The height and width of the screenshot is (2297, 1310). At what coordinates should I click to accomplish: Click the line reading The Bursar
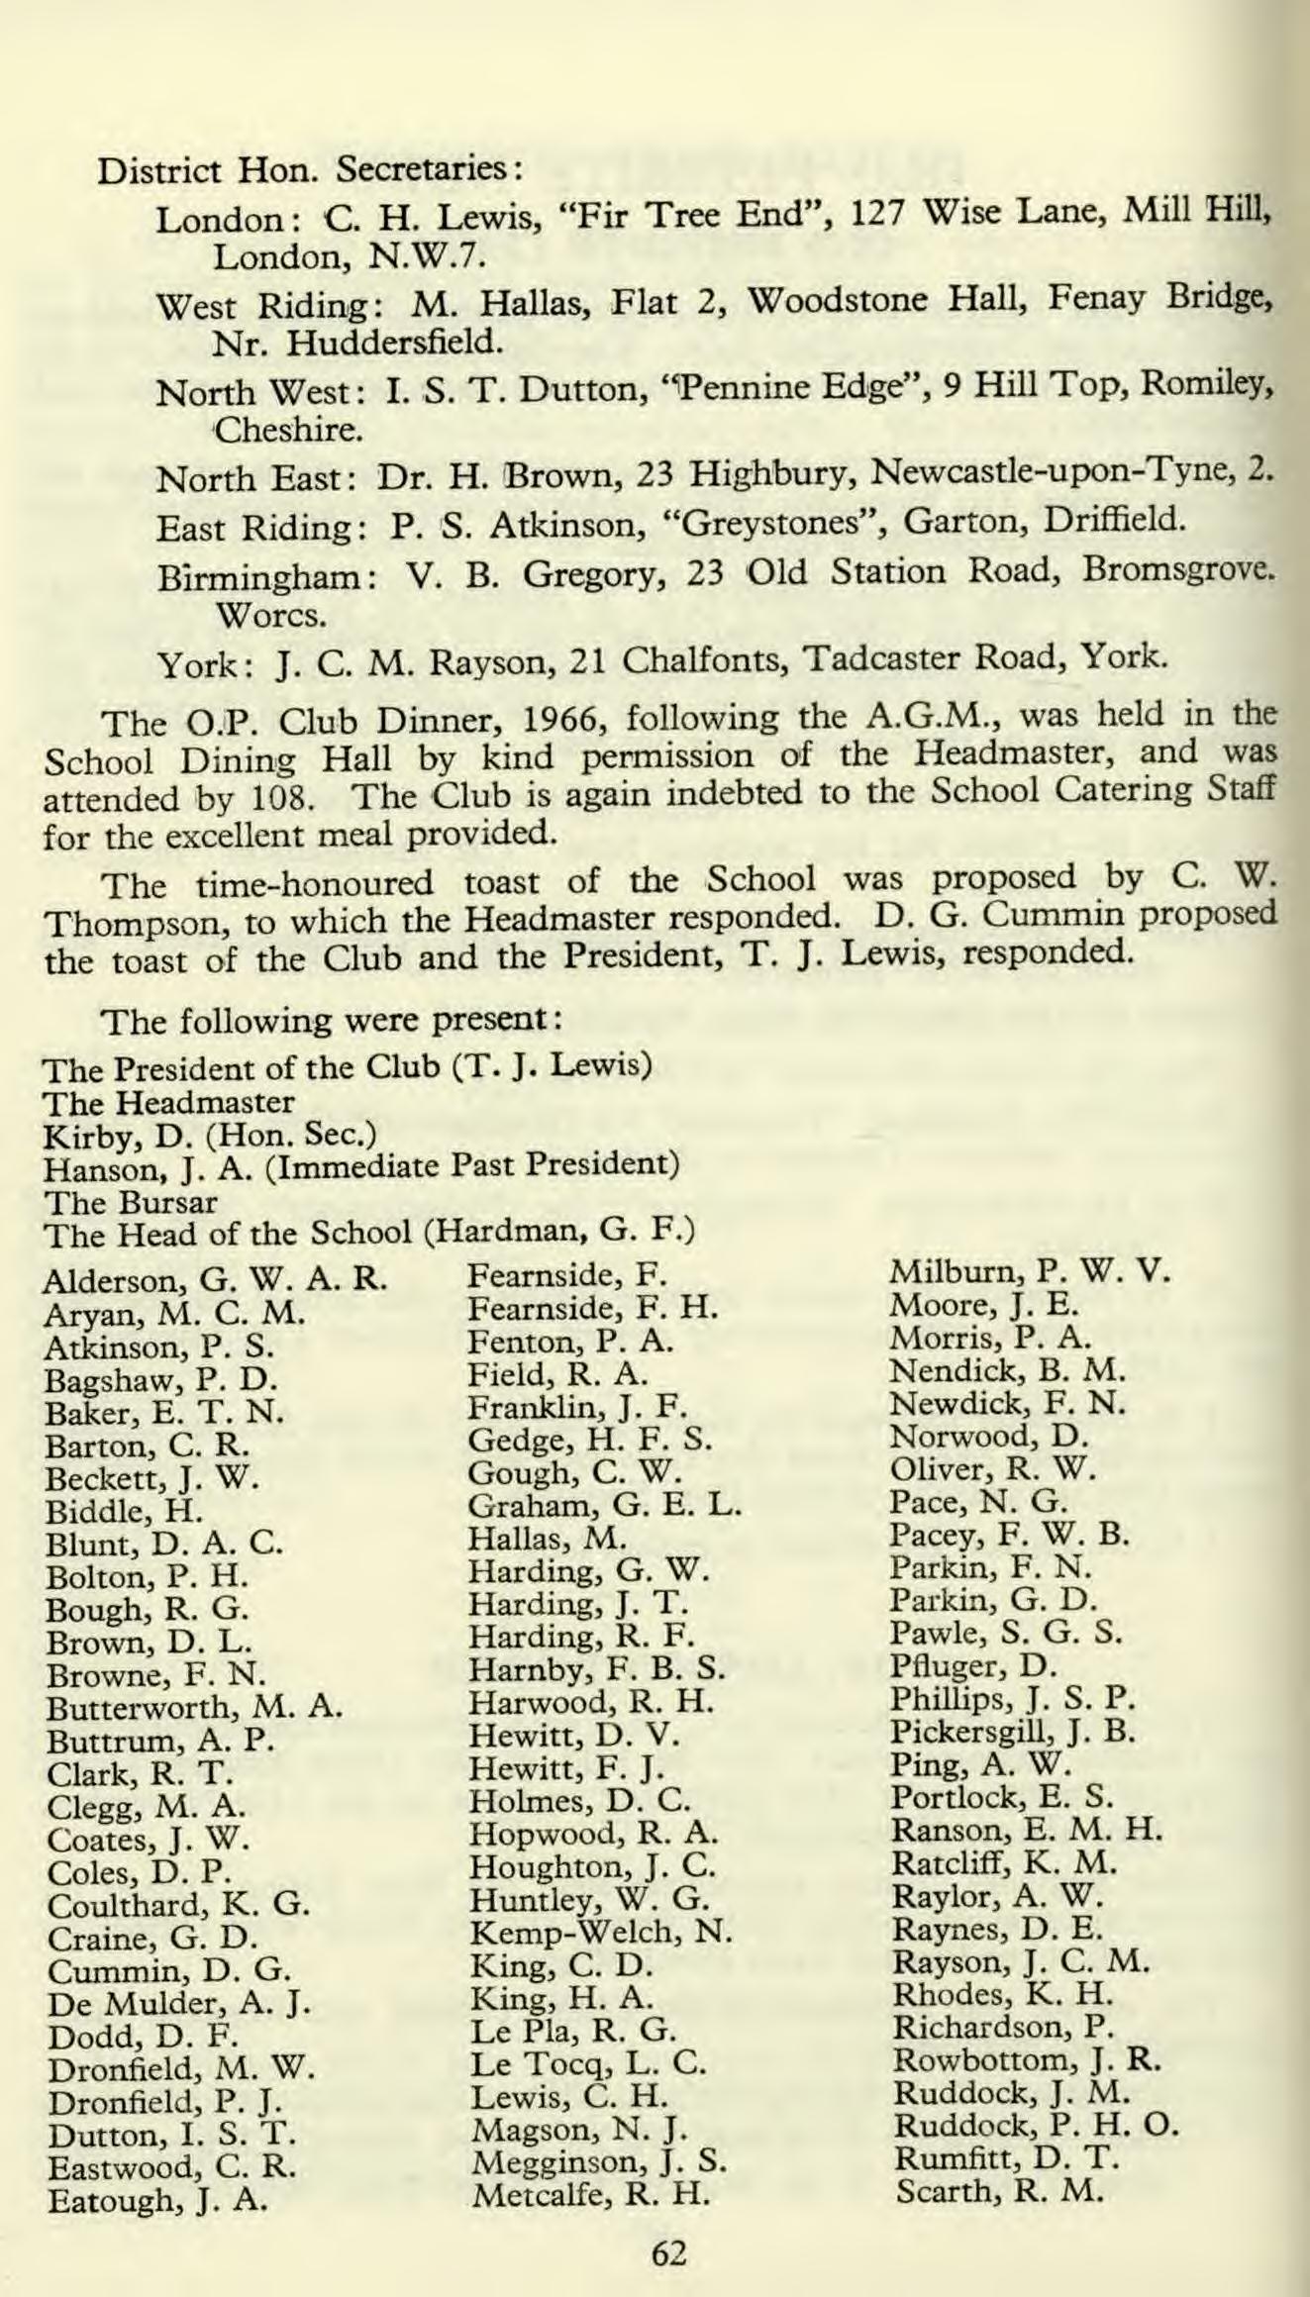132,1203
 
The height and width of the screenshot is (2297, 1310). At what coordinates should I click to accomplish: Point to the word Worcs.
269,615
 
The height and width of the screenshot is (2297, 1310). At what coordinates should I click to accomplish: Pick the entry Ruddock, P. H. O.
1036,2126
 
